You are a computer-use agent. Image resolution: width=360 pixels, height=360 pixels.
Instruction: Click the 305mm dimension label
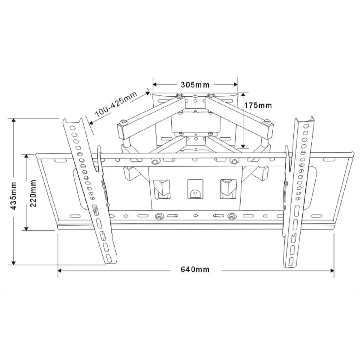pyautogui.click(x=195, y=85)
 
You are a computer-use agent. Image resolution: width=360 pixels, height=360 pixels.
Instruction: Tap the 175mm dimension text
pyautogui.click(x=258, y=105)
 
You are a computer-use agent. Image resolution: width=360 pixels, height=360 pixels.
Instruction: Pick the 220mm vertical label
pyautogui.click(x=33, y=192)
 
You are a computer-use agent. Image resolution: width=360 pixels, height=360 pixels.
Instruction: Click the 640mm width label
pyautogui.click(x=195, y=269)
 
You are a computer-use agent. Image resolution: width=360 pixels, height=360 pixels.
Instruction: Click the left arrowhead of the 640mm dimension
pyautogui.click(x=59, y=270)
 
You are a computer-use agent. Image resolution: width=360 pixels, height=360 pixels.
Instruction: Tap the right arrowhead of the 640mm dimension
pyautogui.click(x=332, y=270)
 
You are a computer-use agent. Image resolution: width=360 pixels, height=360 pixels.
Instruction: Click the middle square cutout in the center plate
pyautogui.click(x=195, y=189)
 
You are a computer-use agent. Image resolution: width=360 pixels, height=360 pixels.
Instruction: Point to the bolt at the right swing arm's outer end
pyautogui.click(x=266, y=122)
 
